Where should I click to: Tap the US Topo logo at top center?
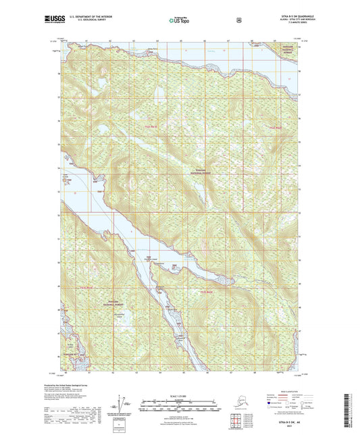point(179,20)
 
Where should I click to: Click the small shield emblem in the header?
point(238,20)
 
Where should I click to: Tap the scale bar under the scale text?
point(180,401)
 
